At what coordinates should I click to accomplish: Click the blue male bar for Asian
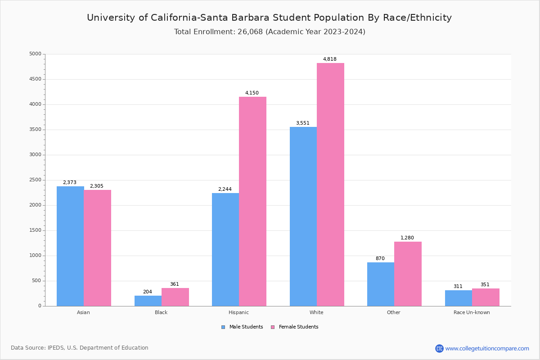coord(70,246)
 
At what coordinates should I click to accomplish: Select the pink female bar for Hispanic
coord(252,201)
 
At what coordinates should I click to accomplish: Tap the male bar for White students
coord(303,216)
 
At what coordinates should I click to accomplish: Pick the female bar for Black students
coord(175,297)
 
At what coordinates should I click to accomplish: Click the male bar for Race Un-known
coord(459,298)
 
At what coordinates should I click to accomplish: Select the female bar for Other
coord(408,274)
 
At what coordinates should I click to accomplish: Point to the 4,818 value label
coord(330,59)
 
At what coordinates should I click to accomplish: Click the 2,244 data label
coord(225,189)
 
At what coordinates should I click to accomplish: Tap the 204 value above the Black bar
coord(148,292)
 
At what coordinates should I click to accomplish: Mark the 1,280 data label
coord(407,238)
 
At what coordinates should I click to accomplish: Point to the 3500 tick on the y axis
coord(35,130)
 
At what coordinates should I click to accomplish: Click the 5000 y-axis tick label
coord(35,54)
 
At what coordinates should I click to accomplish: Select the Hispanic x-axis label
coord(238,312)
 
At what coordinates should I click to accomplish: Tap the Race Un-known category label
coord(472,312)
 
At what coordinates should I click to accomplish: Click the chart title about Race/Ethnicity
coord(269,18)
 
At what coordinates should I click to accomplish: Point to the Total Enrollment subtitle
coord(270,32)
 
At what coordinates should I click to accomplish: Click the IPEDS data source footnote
coord(80,348)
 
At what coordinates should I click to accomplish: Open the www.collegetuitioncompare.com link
coord(487,348)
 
